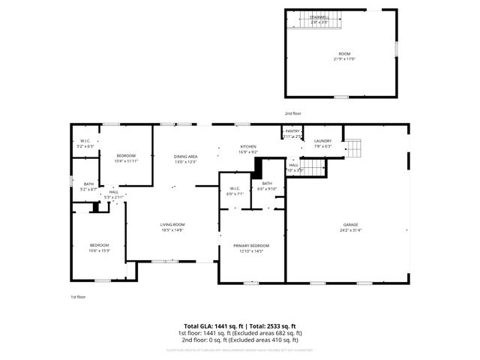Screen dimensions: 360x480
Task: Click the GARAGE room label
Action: (350, 224)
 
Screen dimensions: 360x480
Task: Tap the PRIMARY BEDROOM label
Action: (251, 245)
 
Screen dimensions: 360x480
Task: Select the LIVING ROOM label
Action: (172, 224)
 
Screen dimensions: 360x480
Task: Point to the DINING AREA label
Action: (185, 156)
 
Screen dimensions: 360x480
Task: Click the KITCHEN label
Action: (248, 146)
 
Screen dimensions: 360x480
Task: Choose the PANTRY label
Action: (292, 131)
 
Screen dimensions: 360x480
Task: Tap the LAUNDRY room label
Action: (323, 141)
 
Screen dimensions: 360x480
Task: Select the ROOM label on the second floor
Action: (344, 54)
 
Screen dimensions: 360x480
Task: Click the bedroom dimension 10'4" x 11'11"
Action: (125, 161)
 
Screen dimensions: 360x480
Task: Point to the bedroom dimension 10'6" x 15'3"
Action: (100, 250)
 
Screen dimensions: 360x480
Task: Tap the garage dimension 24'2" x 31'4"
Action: (350, 230)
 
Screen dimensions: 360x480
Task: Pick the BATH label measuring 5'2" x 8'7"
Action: (88, 184)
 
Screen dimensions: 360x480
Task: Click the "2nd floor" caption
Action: (292, 113)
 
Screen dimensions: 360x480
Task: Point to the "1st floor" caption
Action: (78, 297)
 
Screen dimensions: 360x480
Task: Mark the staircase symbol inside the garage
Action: (354, 148)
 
